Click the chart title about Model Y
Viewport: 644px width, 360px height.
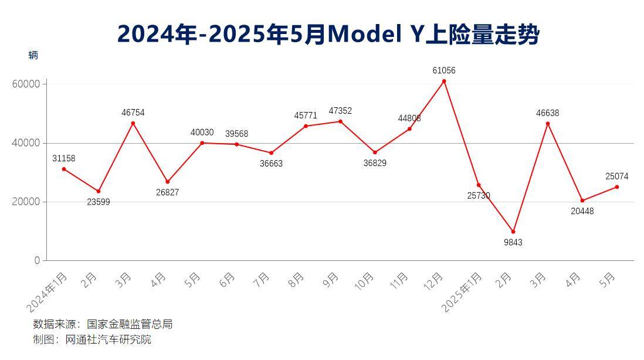click(328, 35)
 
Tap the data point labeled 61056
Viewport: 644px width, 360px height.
click(444, 81)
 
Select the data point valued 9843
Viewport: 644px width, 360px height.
click(513, 232)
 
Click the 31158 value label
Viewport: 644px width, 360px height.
click(63, 158)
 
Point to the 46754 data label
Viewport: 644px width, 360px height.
click(133, 113)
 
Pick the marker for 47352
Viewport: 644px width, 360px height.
click(340, 121)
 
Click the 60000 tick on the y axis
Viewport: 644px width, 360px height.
click(26, 84)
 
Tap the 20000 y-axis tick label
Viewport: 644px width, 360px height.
click(26, 202)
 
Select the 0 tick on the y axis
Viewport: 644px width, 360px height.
click(37, 260)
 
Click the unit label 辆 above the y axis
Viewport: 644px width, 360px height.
click(33, 55)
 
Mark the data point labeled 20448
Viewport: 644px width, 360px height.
click(582, 201)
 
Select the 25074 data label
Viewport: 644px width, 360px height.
click(616, 176)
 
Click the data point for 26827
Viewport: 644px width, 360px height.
click(167, 182)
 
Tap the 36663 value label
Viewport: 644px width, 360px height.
click(271, 164)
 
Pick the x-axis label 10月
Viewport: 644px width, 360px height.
click(364, 281)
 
